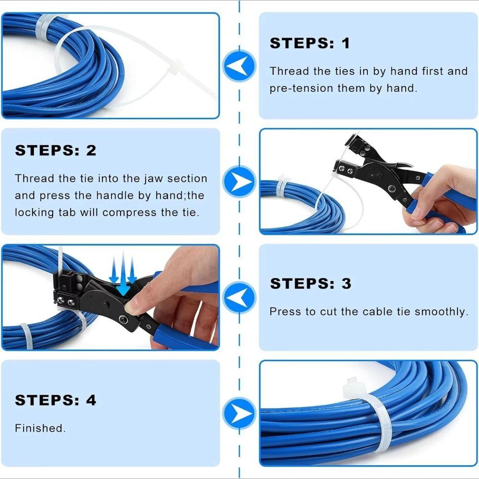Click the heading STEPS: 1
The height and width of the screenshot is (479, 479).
tap(310, 43)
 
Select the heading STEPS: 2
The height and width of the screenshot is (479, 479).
tap(56, 150)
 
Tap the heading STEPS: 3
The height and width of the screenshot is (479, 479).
tap(310, 283)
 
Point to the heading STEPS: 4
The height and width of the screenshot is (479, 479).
tap(56, 400)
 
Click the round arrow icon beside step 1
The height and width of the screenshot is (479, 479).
tap(239, 66)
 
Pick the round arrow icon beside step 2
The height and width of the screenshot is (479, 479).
tap(239, 182)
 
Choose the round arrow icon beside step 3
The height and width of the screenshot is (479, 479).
tap(239, 297)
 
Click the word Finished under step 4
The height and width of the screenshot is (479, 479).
tap(40, 428)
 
